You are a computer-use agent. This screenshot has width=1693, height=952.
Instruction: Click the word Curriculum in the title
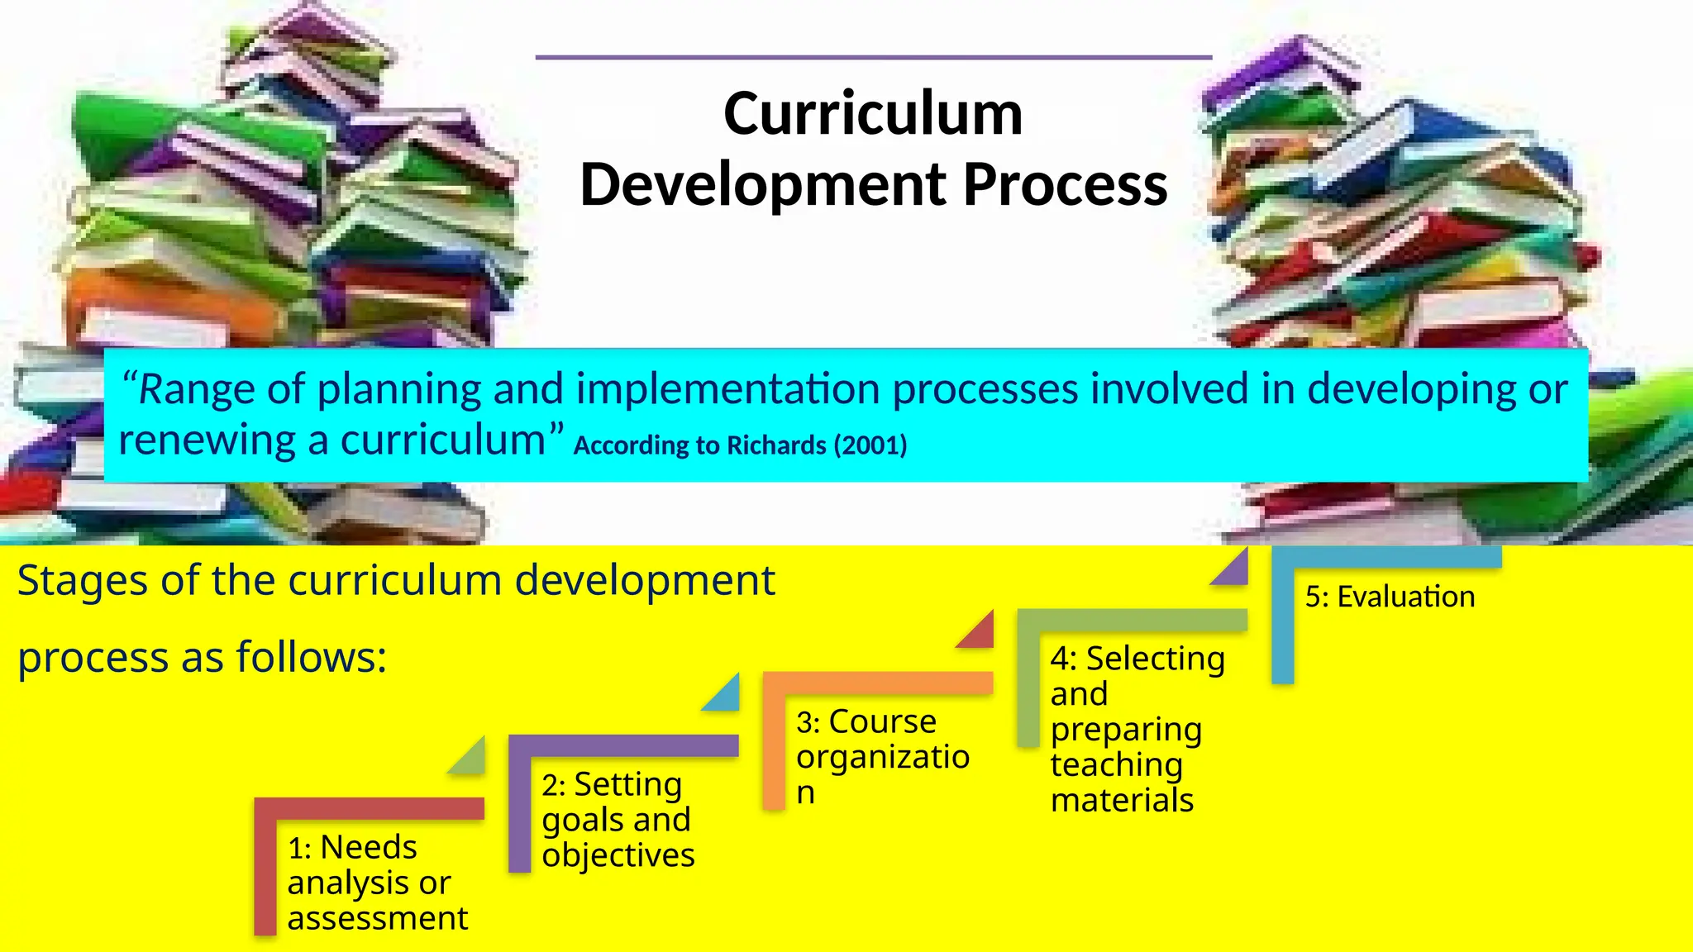tap(873, 114)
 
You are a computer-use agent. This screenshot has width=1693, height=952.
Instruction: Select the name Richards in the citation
tap(775, 445)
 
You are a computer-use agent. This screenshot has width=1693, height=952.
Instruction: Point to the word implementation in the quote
tap(727, 389)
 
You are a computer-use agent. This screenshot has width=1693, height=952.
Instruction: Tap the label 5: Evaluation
tap(1390, 597)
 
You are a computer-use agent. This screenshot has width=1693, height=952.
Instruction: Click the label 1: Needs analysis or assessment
tap(377, 883)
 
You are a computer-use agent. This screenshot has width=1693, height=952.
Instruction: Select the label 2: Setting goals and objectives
tap(618, 819)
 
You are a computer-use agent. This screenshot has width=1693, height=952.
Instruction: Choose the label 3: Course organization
tap(882, 756)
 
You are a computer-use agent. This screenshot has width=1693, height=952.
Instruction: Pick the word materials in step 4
tap(1122, 800)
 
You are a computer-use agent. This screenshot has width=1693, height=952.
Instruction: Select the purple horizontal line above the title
tap(873, 58)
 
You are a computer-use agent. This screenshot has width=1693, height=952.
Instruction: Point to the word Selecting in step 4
tap(1155, 659)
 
